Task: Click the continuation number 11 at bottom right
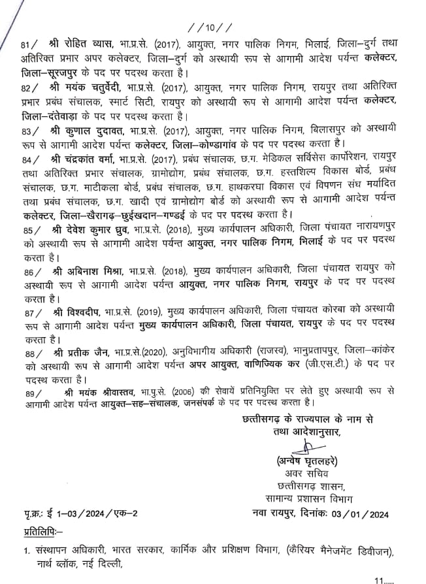click(x=382, y=578)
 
